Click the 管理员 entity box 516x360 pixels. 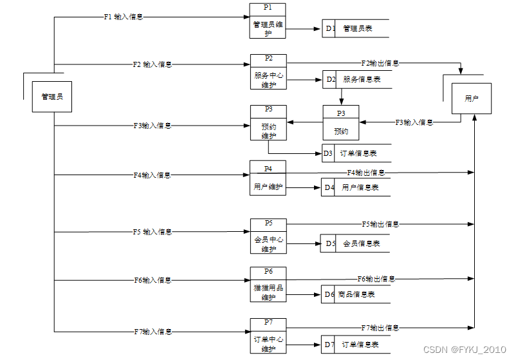coord(53,97)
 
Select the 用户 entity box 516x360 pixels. coord(472,99)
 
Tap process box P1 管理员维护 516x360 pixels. coord(268,21)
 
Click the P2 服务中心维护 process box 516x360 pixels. coord(268,71)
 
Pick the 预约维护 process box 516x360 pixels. coord(268,122)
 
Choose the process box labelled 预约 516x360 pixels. coord(341,122)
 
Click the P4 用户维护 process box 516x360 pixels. coord(268,178)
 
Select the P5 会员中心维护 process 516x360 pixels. coord(268,236)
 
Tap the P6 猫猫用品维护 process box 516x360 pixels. coord(268,284)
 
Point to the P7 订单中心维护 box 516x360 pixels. coord(268,336)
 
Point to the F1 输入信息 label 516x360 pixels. coord(124,17)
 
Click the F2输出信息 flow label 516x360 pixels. coord(380,63)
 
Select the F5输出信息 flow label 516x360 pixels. coord(380,224)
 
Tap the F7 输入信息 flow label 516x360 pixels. coord(152,332)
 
